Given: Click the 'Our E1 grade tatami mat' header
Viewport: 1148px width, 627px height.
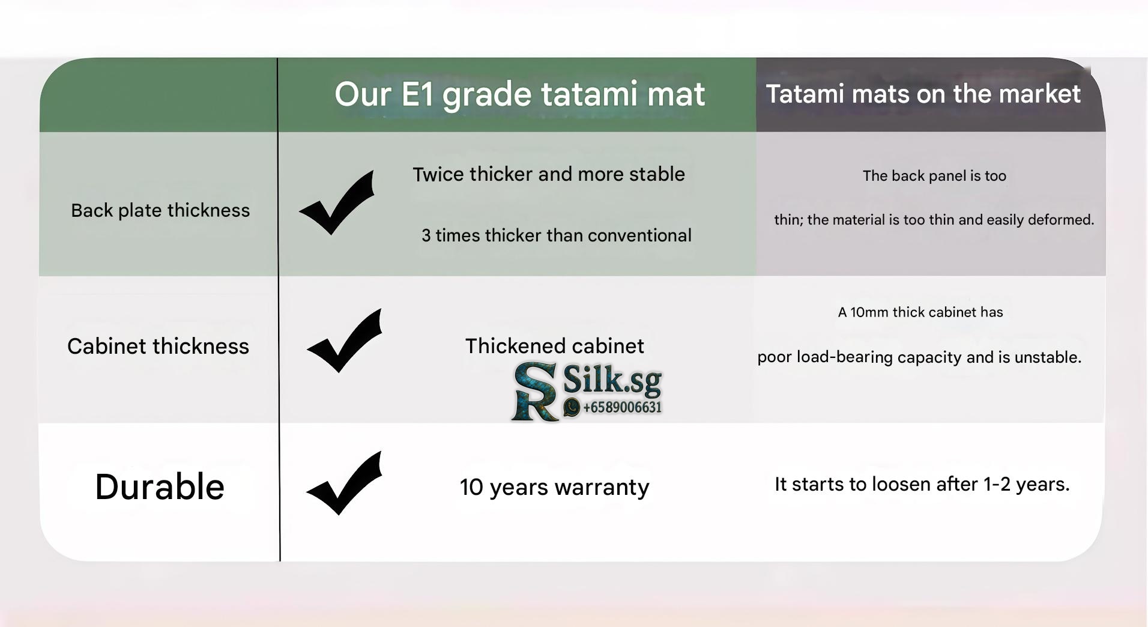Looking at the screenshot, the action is tap(519, 94).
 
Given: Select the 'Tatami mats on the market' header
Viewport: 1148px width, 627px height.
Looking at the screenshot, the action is tap(923, 94).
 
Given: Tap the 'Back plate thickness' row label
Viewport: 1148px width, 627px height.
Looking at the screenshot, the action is tap(160, 210).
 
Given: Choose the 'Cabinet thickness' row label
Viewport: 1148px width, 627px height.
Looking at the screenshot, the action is tap(158, 346).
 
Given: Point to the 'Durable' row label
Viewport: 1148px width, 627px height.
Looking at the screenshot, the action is tap(160, 486).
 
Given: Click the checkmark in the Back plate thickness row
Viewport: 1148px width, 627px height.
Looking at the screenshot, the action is tap(337, 202).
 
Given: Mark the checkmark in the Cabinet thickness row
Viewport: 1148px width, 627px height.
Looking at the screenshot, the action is tap(345, 341).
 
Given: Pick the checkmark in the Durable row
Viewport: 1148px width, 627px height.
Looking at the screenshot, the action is tap(345, 483).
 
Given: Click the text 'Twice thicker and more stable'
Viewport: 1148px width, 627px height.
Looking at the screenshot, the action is tap(549, 174).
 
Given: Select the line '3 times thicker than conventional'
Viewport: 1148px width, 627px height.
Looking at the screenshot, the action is tap(557, 235).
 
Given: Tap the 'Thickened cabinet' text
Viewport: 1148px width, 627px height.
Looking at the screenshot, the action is tap(554, 346).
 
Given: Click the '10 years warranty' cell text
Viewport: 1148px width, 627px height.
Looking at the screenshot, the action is tap(554, 487).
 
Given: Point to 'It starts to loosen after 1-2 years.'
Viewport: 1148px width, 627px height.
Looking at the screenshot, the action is tap(922, 484).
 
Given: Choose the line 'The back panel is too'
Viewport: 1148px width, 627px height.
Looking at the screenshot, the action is tap(934, 176).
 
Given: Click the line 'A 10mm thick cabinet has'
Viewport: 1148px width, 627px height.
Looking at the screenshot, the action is tap(920, 312).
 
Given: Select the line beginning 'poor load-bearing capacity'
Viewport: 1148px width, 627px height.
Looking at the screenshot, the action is tap(919, 357).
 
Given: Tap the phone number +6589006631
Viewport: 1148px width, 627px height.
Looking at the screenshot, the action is tap(622, 407).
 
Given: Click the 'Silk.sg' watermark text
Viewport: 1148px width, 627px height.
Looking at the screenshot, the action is tap(612, 380).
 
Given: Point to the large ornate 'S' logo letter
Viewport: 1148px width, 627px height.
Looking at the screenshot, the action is tap(533, 383).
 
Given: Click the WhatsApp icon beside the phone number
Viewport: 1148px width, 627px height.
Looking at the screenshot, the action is tap(572, 407).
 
